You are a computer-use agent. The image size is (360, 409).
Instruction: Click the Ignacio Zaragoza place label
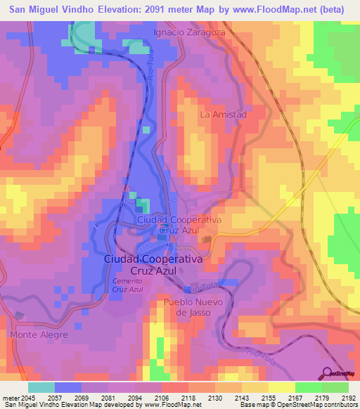pos(190,32)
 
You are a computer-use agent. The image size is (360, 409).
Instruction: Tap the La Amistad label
pos(224,114)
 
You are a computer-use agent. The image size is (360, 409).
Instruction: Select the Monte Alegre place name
pos(39,335)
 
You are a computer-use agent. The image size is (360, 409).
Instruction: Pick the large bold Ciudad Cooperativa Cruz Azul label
pos(153,264)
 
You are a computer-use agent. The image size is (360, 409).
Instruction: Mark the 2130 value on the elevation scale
pos(214,397)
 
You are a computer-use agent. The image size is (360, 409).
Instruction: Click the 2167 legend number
pos(295,397)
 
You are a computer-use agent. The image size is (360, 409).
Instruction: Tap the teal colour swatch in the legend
pos(41,387)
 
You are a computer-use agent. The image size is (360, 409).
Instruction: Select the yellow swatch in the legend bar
pos(281,387)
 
